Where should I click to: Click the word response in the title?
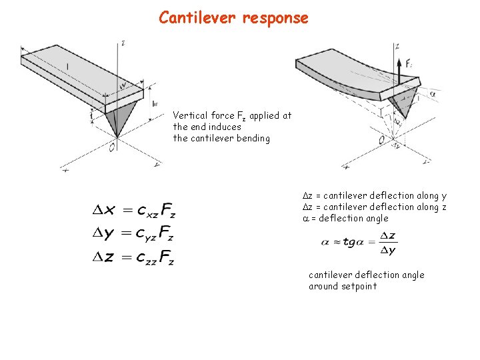[x=275, y=18]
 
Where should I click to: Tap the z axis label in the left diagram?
[x=123, y=43]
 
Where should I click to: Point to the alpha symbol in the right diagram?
[x=433, y=94]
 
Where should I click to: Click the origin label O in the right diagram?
[x=381, y=139]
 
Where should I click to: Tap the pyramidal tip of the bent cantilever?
[x=403, y=104]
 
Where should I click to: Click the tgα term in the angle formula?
[x=354, y=242]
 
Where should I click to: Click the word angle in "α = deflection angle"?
[x=375, y=218]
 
